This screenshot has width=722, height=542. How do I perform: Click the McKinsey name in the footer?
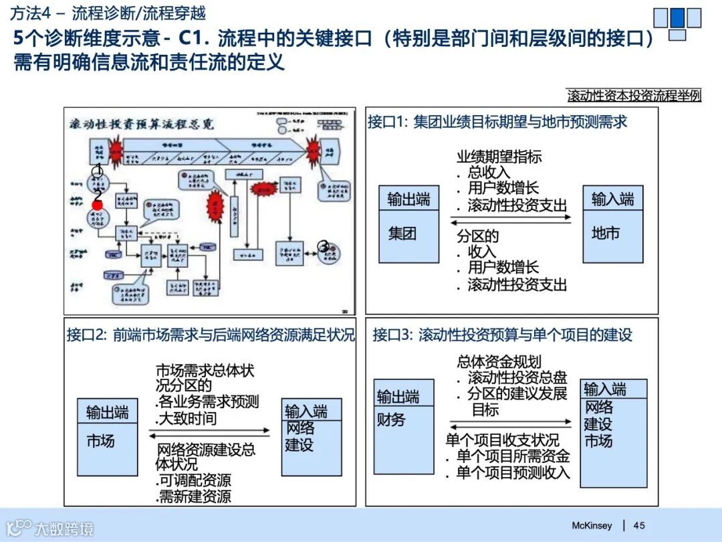(592, 525)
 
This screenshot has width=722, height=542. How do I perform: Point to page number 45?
(639, 525)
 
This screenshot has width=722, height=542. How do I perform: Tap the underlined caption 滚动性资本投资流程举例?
(634, 95)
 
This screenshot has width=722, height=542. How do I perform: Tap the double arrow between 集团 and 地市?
(511, 221)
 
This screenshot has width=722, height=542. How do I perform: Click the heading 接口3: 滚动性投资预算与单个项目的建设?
(502, 335)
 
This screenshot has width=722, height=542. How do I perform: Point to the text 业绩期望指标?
(499, 157)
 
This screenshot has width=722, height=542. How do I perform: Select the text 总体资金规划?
(499, 361)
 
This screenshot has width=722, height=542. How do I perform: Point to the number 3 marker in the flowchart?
(324, 246)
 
